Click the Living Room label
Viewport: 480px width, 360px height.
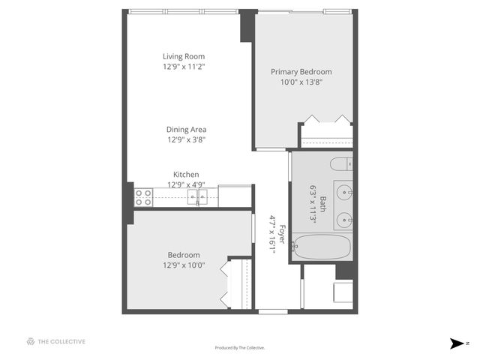pos(184,56)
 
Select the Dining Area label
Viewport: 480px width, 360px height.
pos(187,129)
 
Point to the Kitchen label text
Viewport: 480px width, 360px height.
pos(186,175)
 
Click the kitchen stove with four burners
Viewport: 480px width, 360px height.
pos(143,197)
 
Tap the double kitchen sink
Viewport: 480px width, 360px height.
pos(198,197)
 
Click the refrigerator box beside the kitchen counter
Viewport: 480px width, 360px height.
pos(235,196)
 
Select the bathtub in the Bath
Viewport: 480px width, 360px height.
pos(322,247)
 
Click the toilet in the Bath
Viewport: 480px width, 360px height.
pos(340,164)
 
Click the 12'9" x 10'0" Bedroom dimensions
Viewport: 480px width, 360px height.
pos(184,265)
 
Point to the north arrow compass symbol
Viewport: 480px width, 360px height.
pos(455,343)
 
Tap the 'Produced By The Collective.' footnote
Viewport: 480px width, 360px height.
pos(240,347)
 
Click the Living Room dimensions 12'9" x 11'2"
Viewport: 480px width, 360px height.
pos(184,67)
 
